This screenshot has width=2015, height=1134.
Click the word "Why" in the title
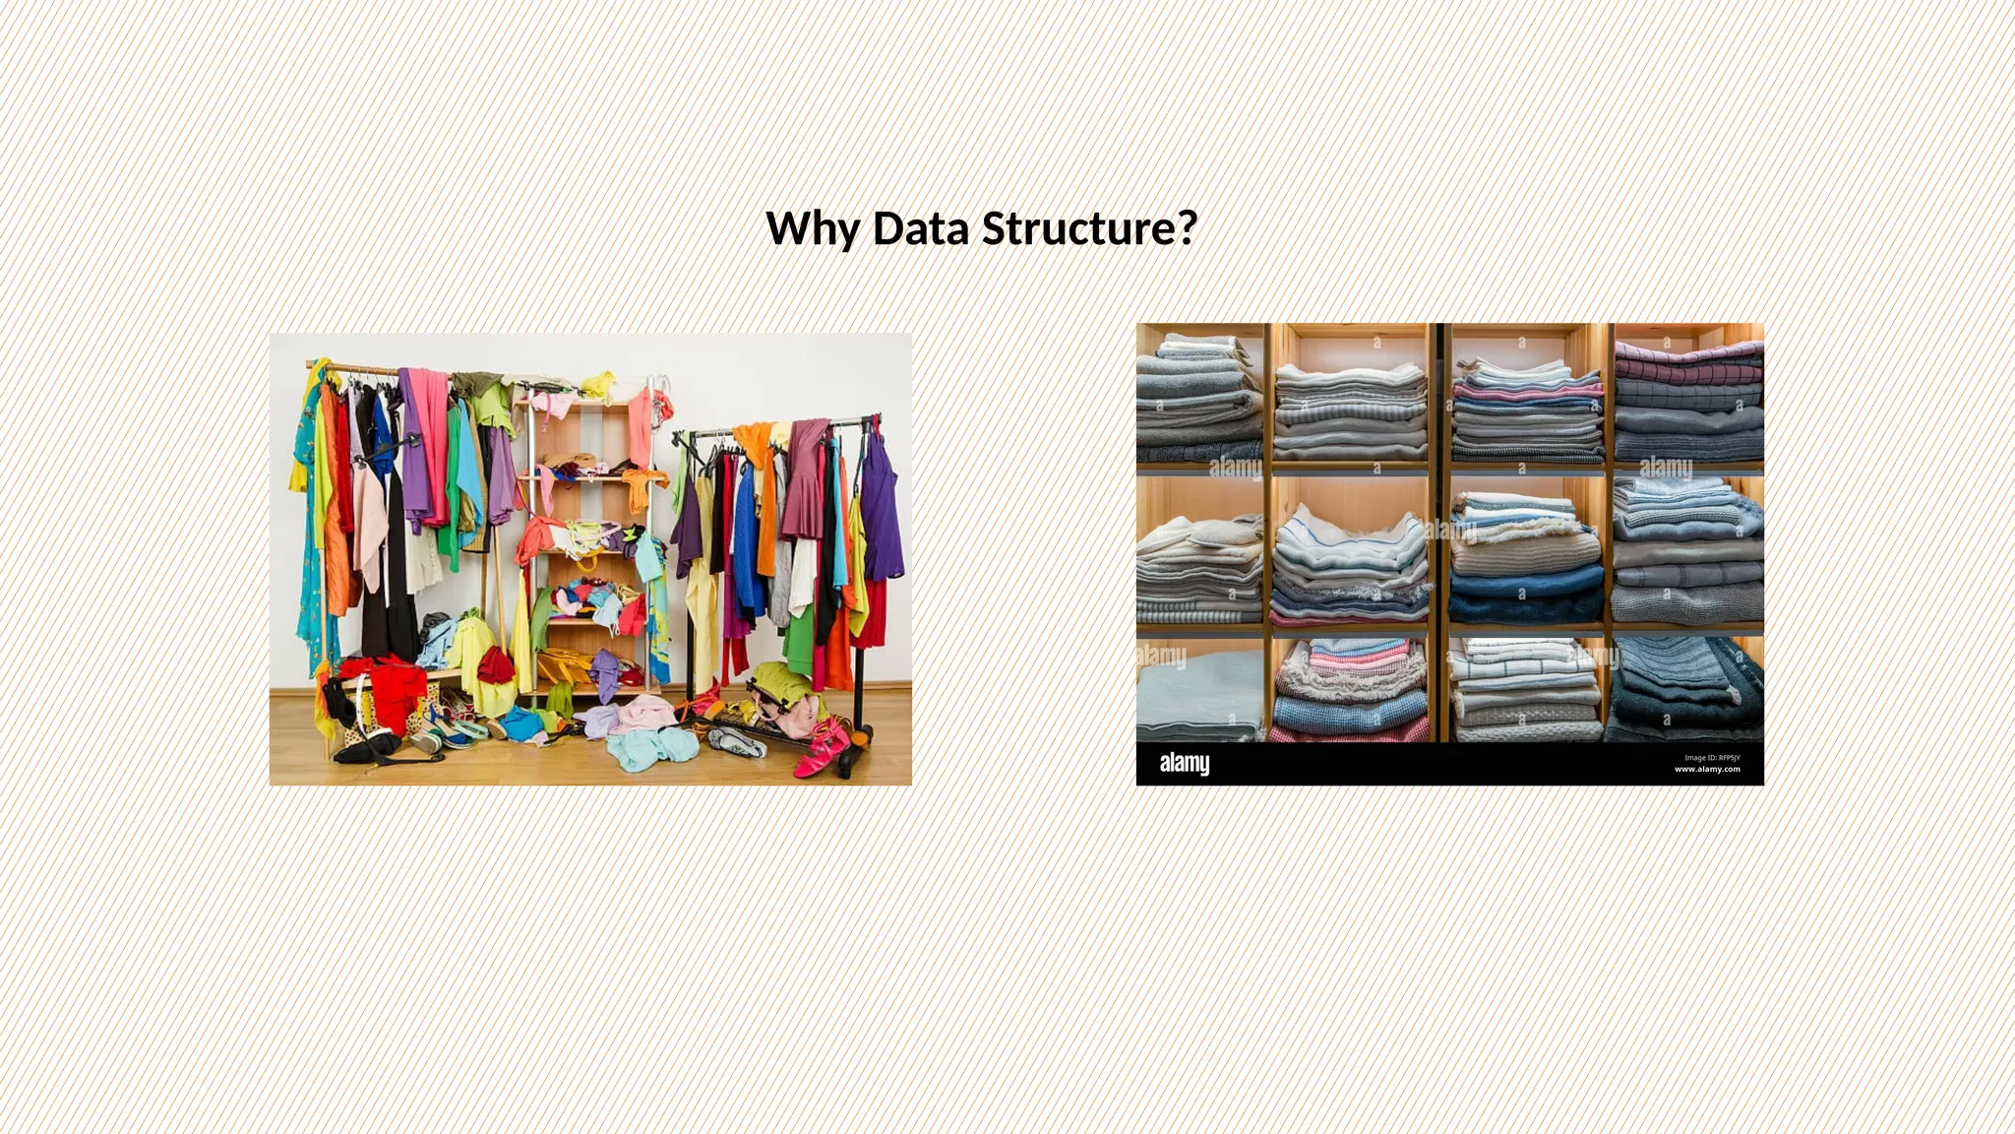813,229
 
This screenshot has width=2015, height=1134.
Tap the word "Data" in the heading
921,229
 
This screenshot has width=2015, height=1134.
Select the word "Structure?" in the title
1089,229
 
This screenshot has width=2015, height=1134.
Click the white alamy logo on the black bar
1184,763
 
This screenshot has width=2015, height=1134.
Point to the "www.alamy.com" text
1707,770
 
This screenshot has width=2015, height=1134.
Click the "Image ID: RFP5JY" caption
1712,758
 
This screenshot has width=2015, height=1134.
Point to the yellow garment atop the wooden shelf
598,383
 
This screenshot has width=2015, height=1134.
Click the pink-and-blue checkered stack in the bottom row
1348,694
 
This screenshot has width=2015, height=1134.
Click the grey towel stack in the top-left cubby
1198,399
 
